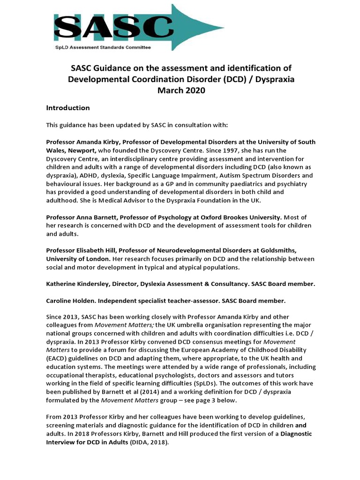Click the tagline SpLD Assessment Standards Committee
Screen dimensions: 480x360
click(x=101, y=47)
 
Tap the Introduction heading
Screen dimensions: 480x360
click(x=67, y=108)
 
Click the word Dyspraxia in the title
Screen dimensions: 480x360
click(x=274, y=80)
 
